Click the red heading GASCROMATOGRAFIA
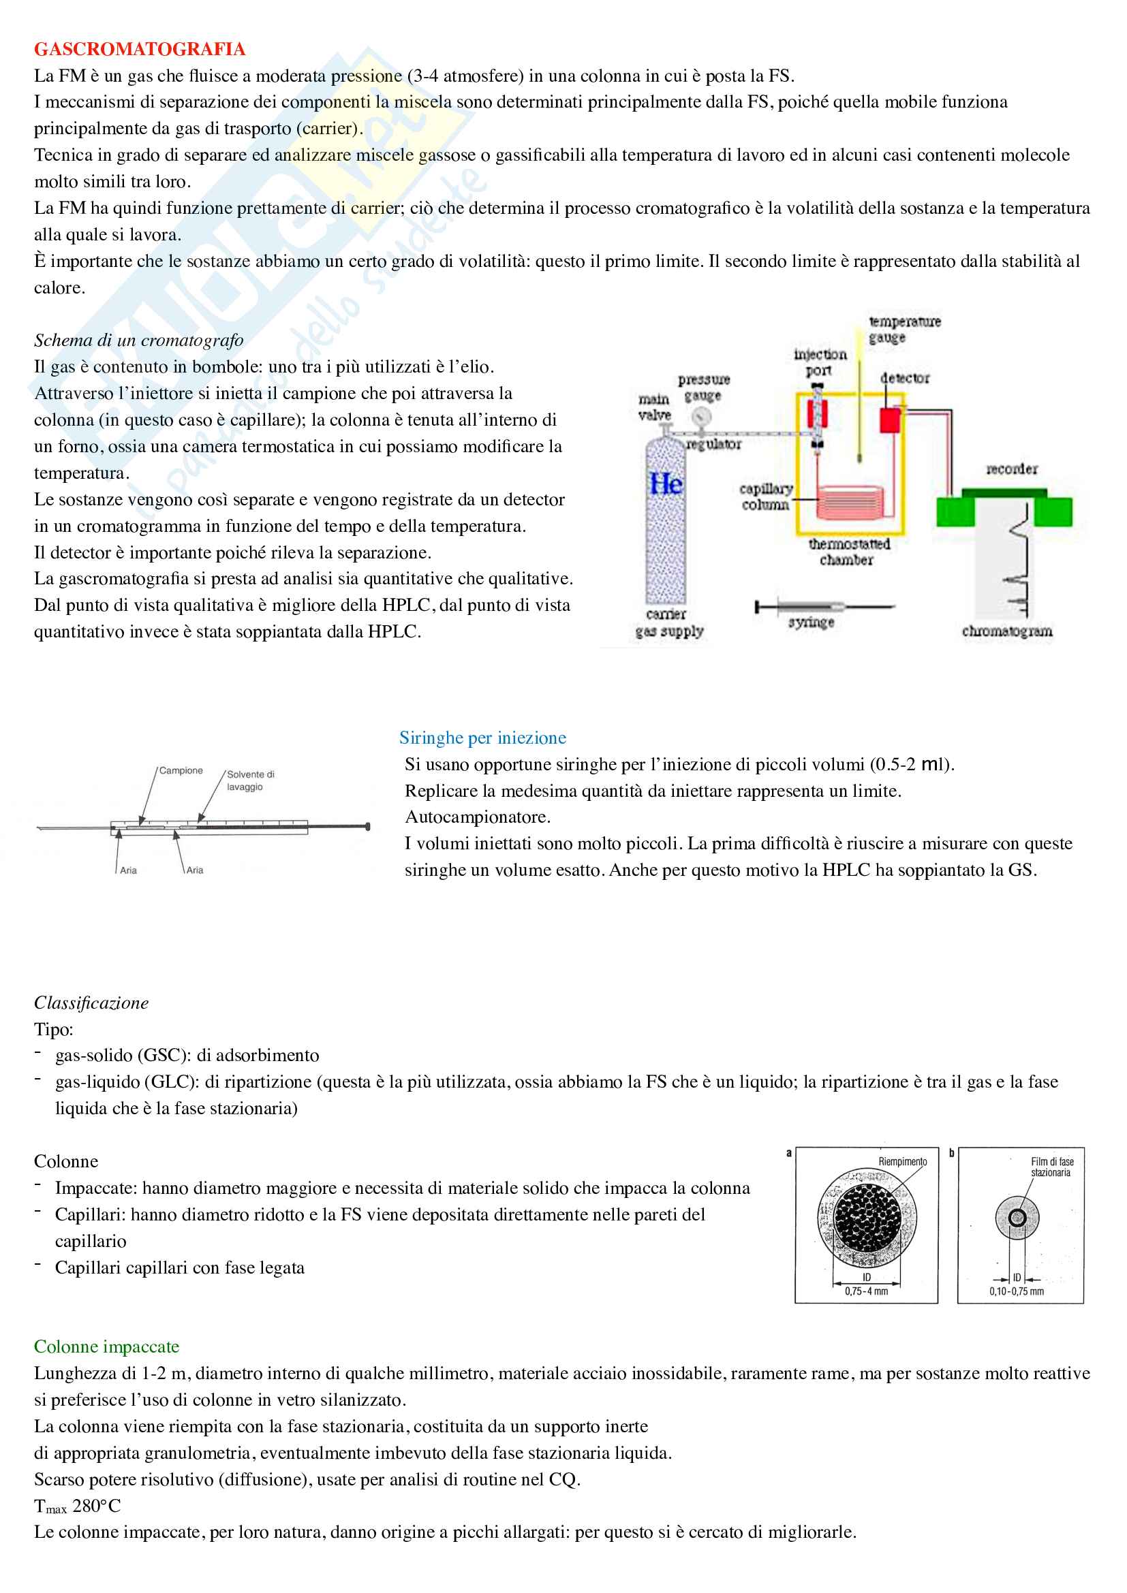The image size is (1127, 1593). (140, 49)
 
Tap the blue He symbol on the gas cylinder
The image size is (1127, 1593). (666, 484)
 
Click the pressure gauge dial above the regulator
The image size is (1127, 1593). (702, 417)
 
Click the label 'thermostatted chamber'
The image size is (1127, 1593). (848, 552)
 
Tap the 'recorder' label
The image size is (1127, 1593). (1012, 469)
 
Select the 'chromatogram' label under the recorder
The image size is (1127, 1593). (1006, 631)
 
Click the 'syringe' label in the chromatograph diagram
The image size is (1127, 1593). (811, 622)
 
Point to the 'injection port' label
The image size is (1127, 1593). (820, 362)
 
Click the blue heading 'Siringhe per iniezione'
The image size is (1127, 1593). (482, 738)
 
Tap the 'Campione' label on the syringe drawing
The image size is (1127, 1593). (181, 770)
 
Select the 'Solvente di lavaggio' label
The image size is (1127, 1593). (250, 780)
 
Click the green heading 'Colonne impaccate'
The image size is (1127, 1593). (107, 1346)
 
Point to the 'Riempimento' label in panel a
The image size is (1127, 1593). (902, 1161)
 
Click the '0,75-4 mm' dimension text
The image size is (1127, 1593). (866, 1291)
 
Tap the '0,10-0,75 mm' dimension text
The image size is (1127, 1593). (1016, 1291)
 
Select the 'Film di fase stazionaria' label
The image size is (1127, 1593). (1051, 1167)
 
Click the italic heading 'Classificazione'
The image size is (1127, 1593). (91, 1003)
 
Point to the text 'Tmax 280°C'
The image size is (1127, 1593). (77, 1507)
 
